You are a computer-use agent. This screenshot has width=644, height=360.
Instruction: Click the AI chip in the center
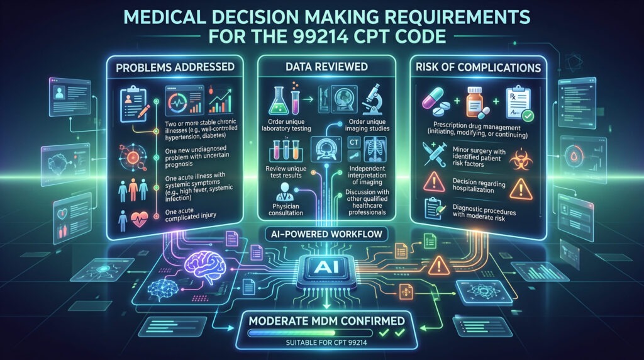[326, 267]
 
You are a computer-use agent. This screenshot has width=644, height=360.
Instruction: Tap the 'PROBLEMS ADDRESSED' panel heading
[175, 67]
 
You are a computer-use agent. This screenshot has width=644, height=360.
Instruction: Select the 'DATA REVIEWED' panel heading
[326, 67]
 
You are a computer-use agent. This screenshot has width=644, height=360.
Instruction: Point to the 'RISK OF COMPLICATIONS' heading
[479, 67]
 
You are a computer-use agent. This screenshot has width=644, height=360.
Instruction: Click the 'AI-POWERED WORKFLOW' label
[326, 234]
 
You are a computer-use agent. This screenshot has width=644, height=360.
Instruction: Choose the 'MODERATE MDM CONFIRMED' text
[327, 320]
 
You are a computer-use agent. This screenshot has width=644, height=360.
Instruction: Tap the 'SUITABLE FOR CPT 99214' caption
[326, 342]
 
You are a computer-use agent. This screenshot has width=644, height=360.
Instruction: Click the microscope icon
[373, 99]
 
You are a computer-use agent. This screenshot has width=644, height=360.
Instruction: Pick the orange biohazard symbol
[521, 159]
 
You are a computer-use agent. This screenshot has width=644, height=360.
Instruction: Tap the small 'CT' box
[354, 143]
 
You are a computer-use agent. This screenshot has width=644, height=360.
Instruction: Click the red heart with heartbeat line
[139, 220]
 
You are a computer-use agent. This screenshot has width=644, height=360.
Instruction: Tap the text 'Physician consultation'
[286, 210]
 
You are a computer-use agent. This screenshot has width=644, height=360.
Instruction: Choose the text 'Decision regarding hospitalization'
[479, 186]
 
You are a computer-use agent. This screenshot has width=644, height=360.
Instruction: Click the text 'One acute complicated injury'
[191, 214]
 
